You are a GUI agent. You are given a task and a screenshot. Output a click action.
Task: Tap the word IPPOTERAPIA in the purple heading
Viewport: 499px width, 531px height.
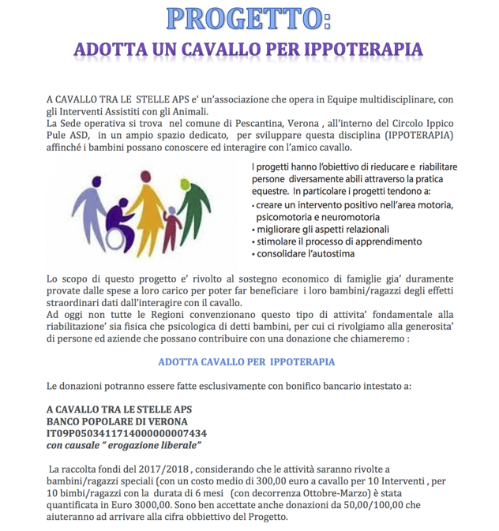358,49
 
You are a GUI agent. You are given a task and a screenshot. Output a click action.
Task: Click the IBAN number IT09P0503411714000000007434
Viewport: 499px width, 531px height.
126,433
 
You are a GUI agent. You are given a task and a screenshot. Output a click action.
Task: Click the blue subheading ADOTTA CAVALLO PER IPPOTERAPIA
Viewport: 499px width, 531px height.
246,361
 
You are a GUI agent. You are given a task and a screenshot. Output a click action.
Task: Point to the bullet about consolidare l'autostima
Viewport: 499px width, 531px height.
304,254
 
